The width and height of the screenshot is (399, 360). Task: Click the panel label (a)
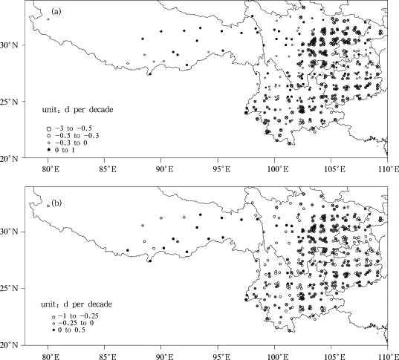coord(56,11)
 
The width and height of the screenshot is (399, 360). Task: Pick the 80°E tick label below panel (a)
coord(50,168)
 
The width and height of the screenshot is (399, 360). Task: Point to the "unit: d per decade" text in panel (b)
coord(77,304)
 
